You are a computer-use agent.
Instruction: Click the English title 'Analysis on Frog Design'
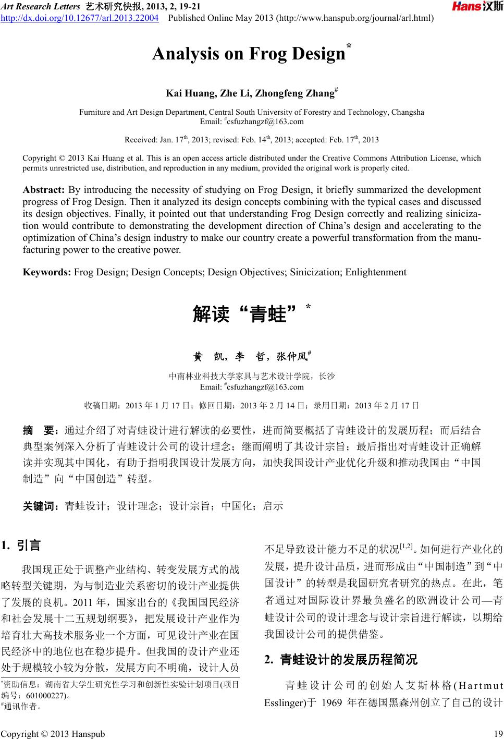tap(249, 54)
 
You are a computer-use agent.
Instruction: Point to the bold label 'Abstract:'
tap(44, 190)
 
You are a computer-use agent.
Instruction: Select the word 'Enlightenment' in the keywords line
tap(376, 272)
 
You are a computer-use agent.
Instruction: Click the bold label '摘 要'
tap(42, 430)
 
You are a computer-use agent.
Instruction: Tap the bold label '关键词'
tap(41, 505)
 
